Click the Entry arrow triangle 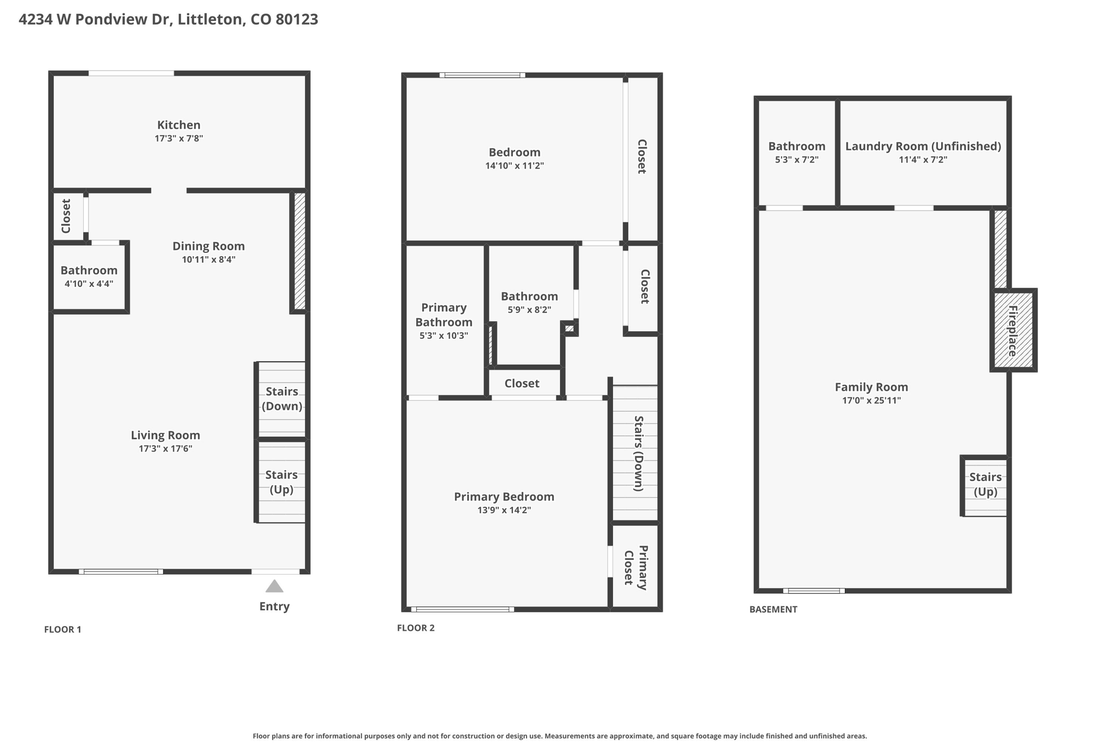[x=275, y=587]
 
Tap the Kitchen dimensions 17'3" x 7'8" [x=179, y=138]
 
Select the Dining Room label [x=208, y=246]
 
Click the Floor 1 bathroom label [x=89, y=270]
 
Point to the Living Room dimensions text [x=165, y=449]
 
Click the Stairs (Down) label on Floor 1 [x=282, y=398]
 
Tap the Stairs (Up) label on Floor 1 [x=282, y=482]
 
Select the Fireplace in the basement [x=1013, y=331]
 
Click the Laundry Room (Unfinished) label [x=923, y=146]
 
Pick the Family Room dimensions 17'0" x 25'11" [x=871, y=401]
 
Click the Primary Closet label [x=635, y=568]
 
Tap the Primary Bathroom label [x=444, y=315]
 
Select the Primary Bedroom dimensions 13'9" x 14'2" [x=504, y=511]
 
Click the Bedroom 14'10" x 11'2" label [x=514, y=153]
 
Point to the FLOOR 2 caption [x=416, y=628]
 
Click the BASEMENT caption [x=773, y=609]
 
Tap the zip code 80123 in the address [x=296, y=20]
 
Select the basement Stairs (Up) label [x=985, y=484]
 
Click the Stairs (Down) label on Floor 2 [x=638, y=453]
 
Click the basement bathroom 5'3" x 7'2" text [x=796, y=160]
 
